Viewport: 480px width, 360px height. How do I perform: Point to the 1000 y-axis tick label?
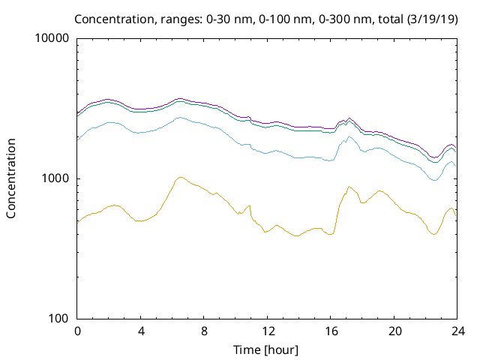coord(58,178)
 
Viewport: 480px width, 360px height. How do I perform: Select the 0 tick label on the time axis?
coord(77,331)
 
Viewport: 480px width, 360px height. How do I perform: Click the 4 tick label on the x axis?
coord(141,331)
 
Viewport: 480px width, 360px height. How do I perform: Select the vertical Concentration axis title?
coord(11,178)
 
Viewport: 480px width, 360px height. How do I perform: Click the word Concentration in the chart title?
coord(113,18)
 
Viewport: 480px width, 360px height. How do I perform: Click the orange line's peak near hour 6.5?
coord(180,177)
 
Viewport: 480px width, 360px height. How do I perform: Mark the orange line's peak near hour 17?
coord(349,187)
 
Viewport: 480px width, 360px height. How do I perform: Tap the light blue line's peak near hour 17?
coord(349,136)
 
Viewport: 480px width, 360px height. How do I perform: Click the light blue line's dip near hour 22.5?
coord(435,181)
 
